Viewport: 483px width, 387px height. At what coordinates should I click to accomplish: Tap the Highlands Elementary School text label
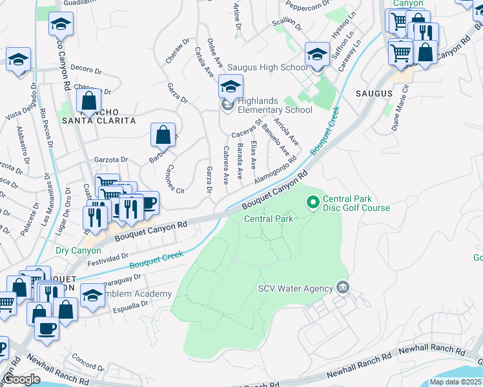click(274, 105)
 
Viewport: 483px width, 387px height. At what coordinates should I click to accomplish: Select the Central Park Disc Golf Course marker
click(313, 203)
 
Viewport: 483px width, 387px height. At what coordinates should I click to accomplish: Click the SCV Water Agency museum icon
click(342, 288)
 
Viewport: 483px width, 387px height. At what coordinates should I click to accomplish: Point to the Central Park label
click(269, 219)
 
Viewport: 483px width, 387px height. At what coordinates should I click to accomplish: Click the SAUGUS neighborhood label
click(374, 94)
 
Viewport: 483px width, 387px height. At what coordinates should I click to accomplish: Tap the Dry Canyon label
click(78, 250)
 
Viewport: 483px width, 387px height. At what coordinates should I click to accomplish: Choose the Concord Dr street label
click(84, 358)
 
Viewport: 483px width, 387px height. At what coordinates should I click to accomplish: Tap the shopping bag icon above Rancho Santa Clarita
click(88, 101)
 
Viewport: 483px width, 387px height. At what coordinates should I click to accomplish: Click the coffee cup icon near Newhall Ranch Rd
click(45, 328)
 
